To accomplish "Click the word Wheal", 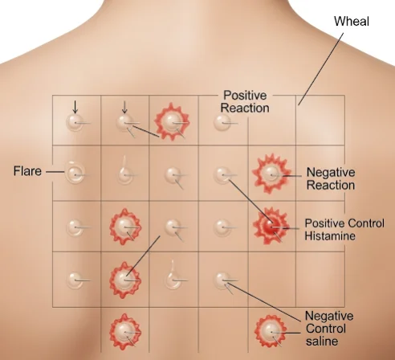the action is pyautogui.click(x=352, y=21).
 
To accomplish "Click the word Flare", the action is pyautogui.click(x=27, y=171).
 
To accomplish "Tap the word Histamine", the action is pyautogui.click(x=330, y=235).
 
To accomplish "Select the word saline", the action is pyautogui.click(x=322, y=341).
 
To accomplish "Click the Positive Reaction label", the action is pyautogui.click(x=245, y=101).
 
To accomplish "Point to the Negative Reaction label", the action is pyautogui.click(x=331, y=178).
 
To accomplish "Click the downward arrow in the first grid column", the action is pyautogui.click(x=75, y=107).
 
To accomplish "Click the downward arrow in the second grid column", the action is pyautogui.click(x=124, y=107).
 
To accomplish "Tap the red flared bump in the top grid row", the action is pyautogui.click(x=172, y=122).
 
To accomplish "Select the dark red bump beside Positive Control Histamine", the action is pyautogui.click(x=271, y=226).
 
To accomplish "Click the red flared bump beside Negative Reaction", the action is pyautogui.click(x=271, y=174).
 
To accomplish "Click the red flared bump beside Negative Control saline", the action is pyautogui.click(x=271, y=331).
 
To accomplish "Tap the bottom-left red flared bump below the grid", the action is pyautogui.click(x=125, y=332).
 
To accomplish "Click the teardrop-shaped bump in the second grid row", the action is pyautogui.click(x=124, y=170).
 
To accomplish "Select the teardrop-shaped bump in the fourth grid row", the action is pyautogui.click(x=173, y=275).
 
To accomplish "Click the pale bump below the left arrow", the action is pyautogui.click(x=75, y=123).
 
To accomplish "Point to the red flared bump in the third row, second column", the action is pyautogui.click(x=125, y=227).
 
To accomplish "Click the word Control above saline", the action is pyautogui.click(x=326, y=329).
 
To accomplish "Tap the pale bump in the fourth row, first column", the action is pyautogui.click(x=74, y=280).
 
